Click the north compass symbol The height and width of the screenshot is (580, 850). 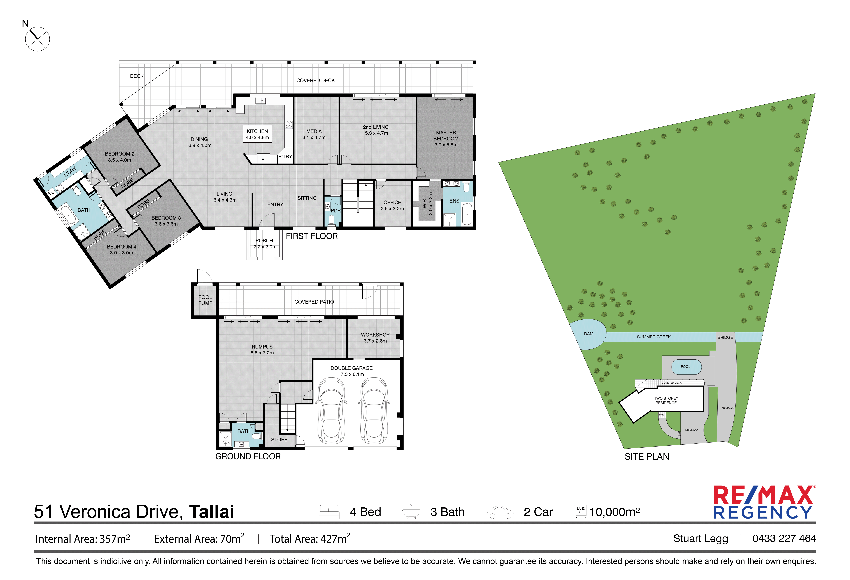(x=37, y=39)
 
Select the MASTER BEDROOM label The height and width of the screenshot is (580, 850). (x=446, y=139)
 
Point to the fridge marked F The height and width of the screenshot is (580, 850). (x=263, y=159)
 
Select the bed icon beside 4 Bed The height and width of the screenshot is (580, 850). (x=329, y=512)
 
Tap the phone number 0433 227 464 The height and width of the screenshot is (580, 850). (x=784, y=538)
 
